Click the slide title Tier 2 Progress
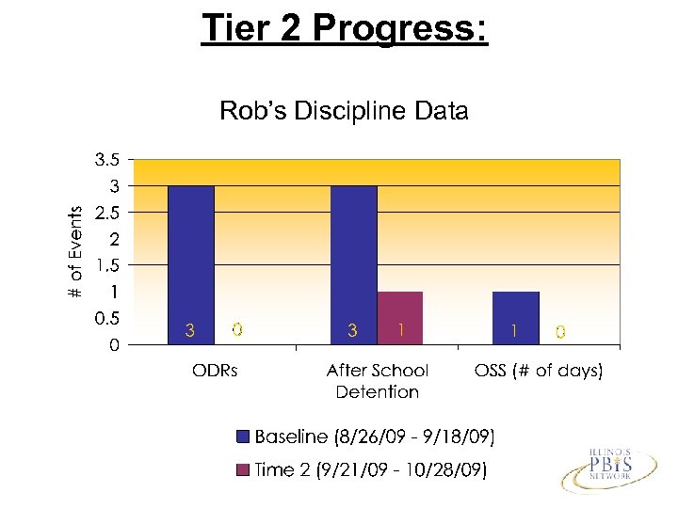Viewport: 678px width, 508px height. click(x=344, y=28)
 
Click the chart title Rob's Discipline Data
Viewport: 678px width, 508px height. click(x=344, y=112)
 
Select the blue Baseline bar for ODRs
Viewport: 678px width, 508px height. click(x=190, y=254)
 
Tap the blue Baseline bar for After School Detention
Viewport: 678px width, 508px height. click(x=353, y=254)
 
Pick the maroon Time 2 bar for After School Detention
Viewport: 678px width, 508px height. click(x=400, y=310)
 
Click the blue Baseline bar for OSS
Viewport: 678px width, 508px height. click(x=515, y=310)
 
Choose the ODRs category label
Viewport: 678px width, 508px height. click(x=215, y=371)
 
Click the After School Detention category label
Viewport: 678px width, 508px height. click(x=378, y=381)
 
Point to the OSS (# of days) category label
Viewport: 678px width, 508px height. click(x=539, y=371)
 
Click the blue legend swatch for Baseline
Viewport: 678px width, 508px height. click(x=243, y=437)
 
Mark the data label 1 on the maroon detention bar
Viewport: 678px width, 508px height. click(x=401, y=330)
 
